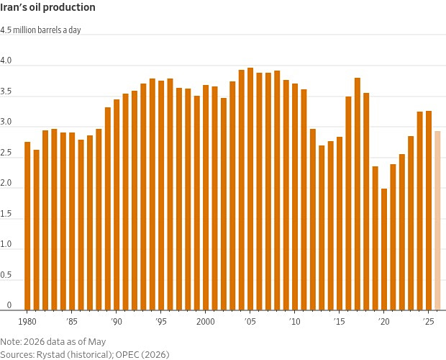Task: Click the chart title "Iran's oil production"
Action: [47, 7]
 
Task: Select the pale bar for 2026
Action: [437, 220]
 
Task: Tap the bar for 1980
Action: [27, 226]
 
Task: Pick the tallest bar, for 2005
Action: [250, 189]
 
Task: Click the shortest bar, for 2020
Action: [384, 249]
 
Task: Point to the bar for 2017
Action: [358, 194]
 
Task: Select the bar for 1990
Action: [117, 205]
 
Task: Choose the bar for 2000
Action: [206, 197]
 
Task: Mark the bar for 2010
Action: [295, 197]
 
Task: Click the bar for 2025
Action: [429, 210]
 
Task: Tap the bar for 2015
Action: [340, 223]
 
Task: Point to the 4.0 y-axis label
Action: [6, 60]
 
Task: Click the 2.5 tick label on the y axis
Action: [6, 153]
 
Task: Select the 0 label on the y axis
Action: [9, 305]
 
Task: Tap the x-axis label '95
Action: [161, 322]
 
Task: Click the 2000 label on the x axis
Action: [205, 322]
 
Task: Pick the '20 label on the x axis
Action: [383, 322]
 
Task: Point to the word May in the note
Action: [97, 342]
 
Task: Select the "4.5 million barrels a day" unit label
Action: [40, 30]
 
